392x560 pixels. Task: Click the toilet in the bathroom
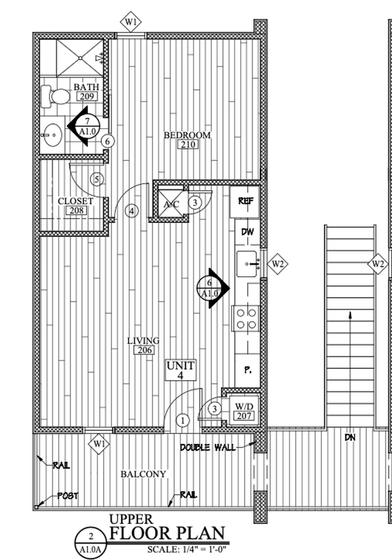tap(54, 95)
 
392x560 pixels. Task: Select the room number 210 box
tap(187, 145)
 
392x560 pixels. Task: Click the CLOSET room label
tap(75, 201)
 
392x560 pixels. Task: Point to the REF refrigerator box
tap(245, 202)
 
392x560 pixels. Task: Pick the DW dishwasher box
tap(247, 232)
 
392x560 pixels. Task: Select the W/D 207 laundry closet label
tap(244, 411)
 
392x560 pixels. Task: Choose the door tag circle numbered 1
tap(183, 420)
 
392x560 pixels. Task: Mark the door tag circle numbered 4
tap(132, 211)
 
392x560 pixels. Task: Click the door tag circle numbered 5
tap(98, 179)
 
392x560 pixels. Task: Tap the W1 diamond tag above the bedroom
tap(131, 23)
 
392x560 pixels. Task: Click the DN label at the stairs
tap(350, 437)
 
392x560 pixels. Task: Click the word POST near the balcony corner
tap(68, 496)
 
